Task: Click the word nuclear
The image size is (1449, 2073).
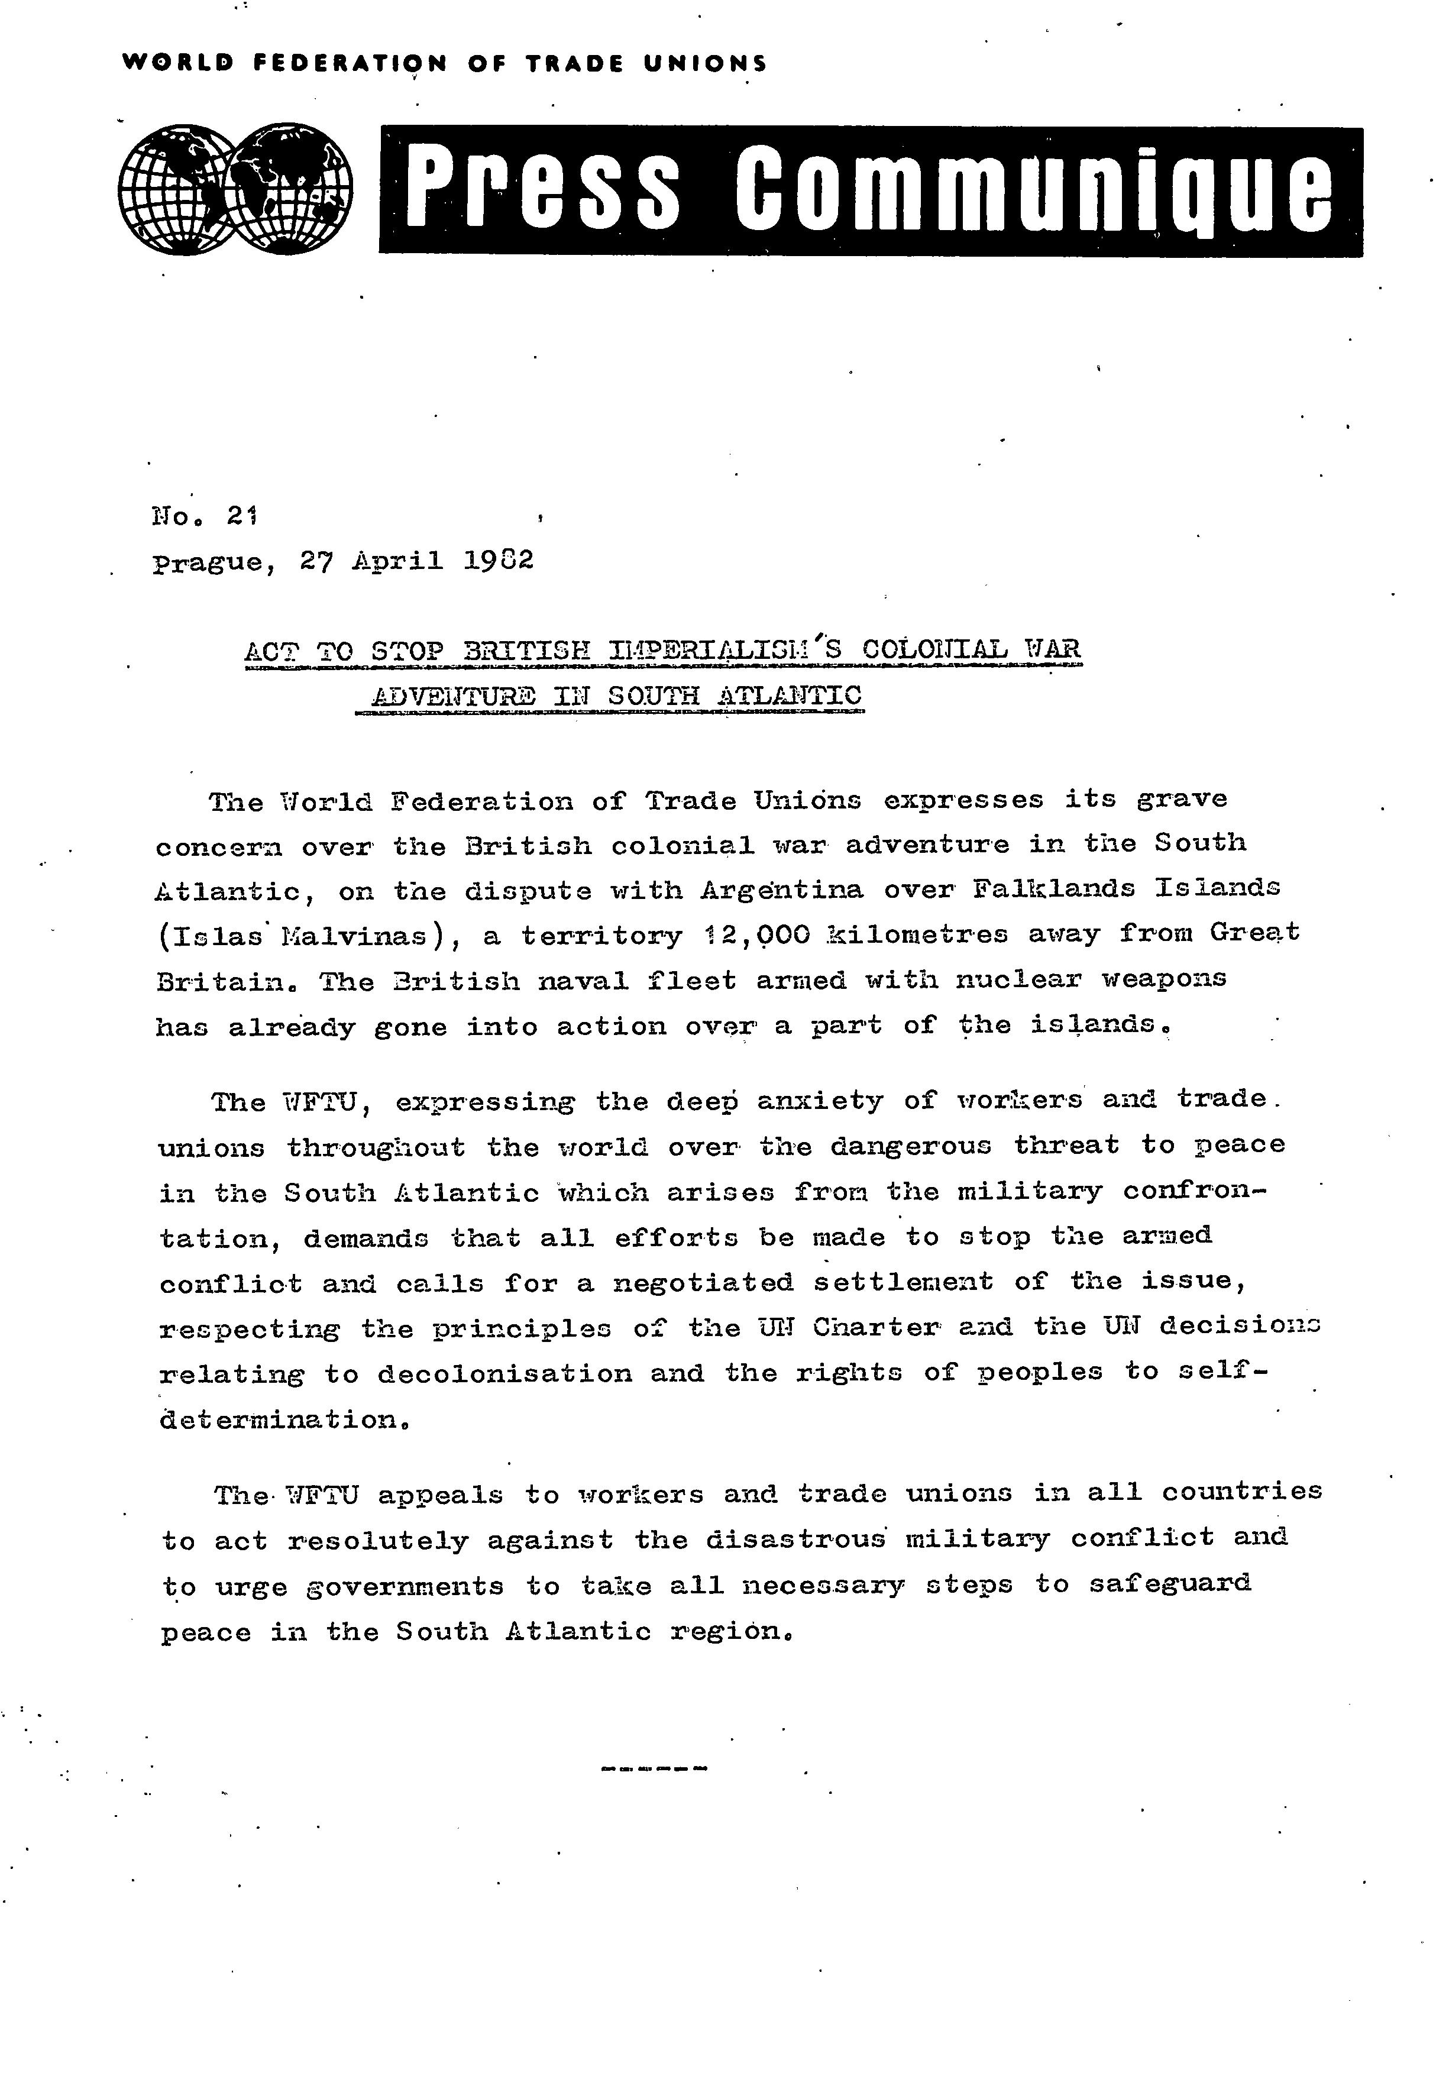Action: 1019,979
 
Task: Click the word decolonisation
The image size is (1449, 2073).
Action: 504,1373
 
